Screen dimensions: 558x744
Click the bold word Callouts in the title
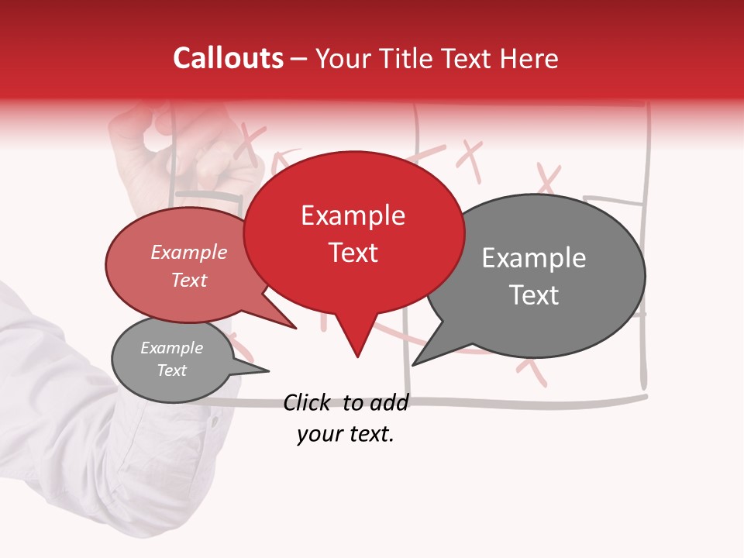point(228,58)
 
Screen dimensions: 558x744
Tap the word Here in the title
point(529,59)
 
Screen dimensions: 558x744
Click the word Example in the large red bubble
point(353,215)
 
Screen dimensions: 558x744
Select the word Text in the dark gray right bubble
point(534,295)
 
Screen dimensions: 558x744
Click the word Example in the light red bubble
point(188,252)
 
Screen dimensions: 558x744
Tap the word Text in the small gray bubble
point(171,370)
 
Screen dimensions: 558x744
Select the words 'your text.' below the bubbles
point(345,434)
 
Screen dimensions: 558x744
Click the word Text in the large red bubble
point(353,253)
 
